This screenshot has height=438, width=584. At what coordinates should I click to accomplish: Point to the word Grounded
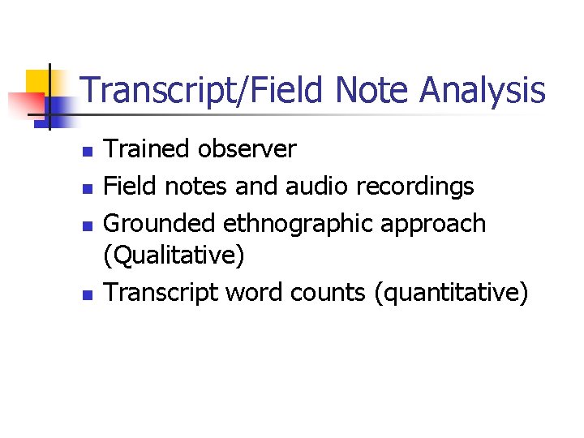(161, 223)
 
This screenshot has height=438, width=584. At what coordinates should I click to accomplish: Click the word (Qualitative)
(174, 257)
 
